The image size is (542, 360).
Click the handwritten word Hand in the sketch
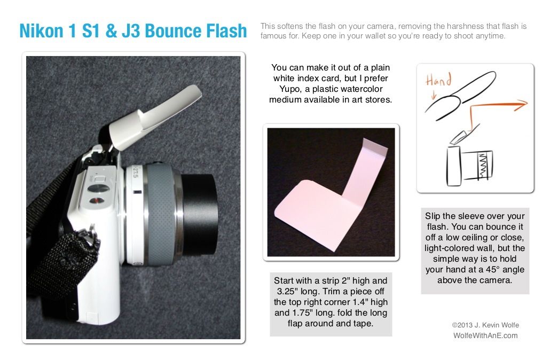[x=438, y=81]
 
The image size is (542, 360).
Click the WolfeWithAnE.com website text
[x=485, y=335]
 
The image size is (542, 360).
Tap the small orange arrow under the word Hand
[x=432, y=95]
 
